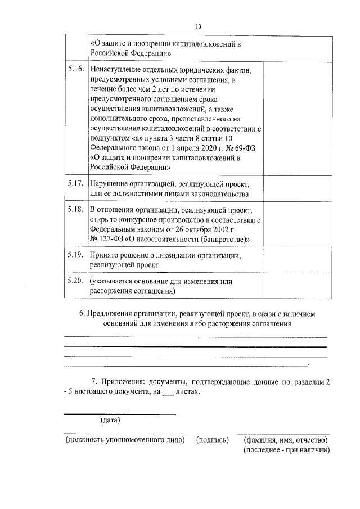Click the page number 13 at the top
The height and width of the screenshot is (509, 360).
click(x=198, y=26)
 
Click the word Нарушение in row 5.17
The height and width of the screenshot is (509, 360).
click(x=110, y=184)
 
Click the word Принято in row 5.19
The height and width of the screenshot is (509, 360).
click(x=104, y=255)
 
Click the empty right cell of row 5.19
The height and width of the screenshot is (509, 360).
click(x=295, y=259)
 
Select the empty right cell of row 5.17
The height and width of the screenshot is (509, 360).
click(x=295, y=189)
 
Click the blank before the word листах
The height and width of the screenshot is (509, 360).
click(x=168, y=393)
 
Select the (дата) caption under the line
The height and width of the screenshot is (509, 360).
click(x=111, y=420)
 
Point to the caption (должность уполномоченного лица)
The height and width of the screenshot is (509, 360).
click(x=125, y=440)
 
